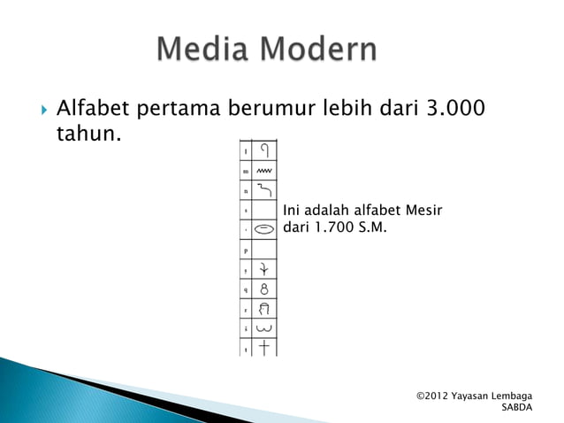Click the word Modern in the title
(x=321, y=50)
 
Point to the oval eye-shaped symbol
(x=264, y=228)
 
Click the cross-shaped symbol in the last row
(x=264, y=348)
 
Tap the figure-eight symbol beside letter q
(x=264, y=288)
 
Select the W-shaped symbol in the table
(x=264, y=329)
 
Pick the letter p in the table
(x=245, y=250)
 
